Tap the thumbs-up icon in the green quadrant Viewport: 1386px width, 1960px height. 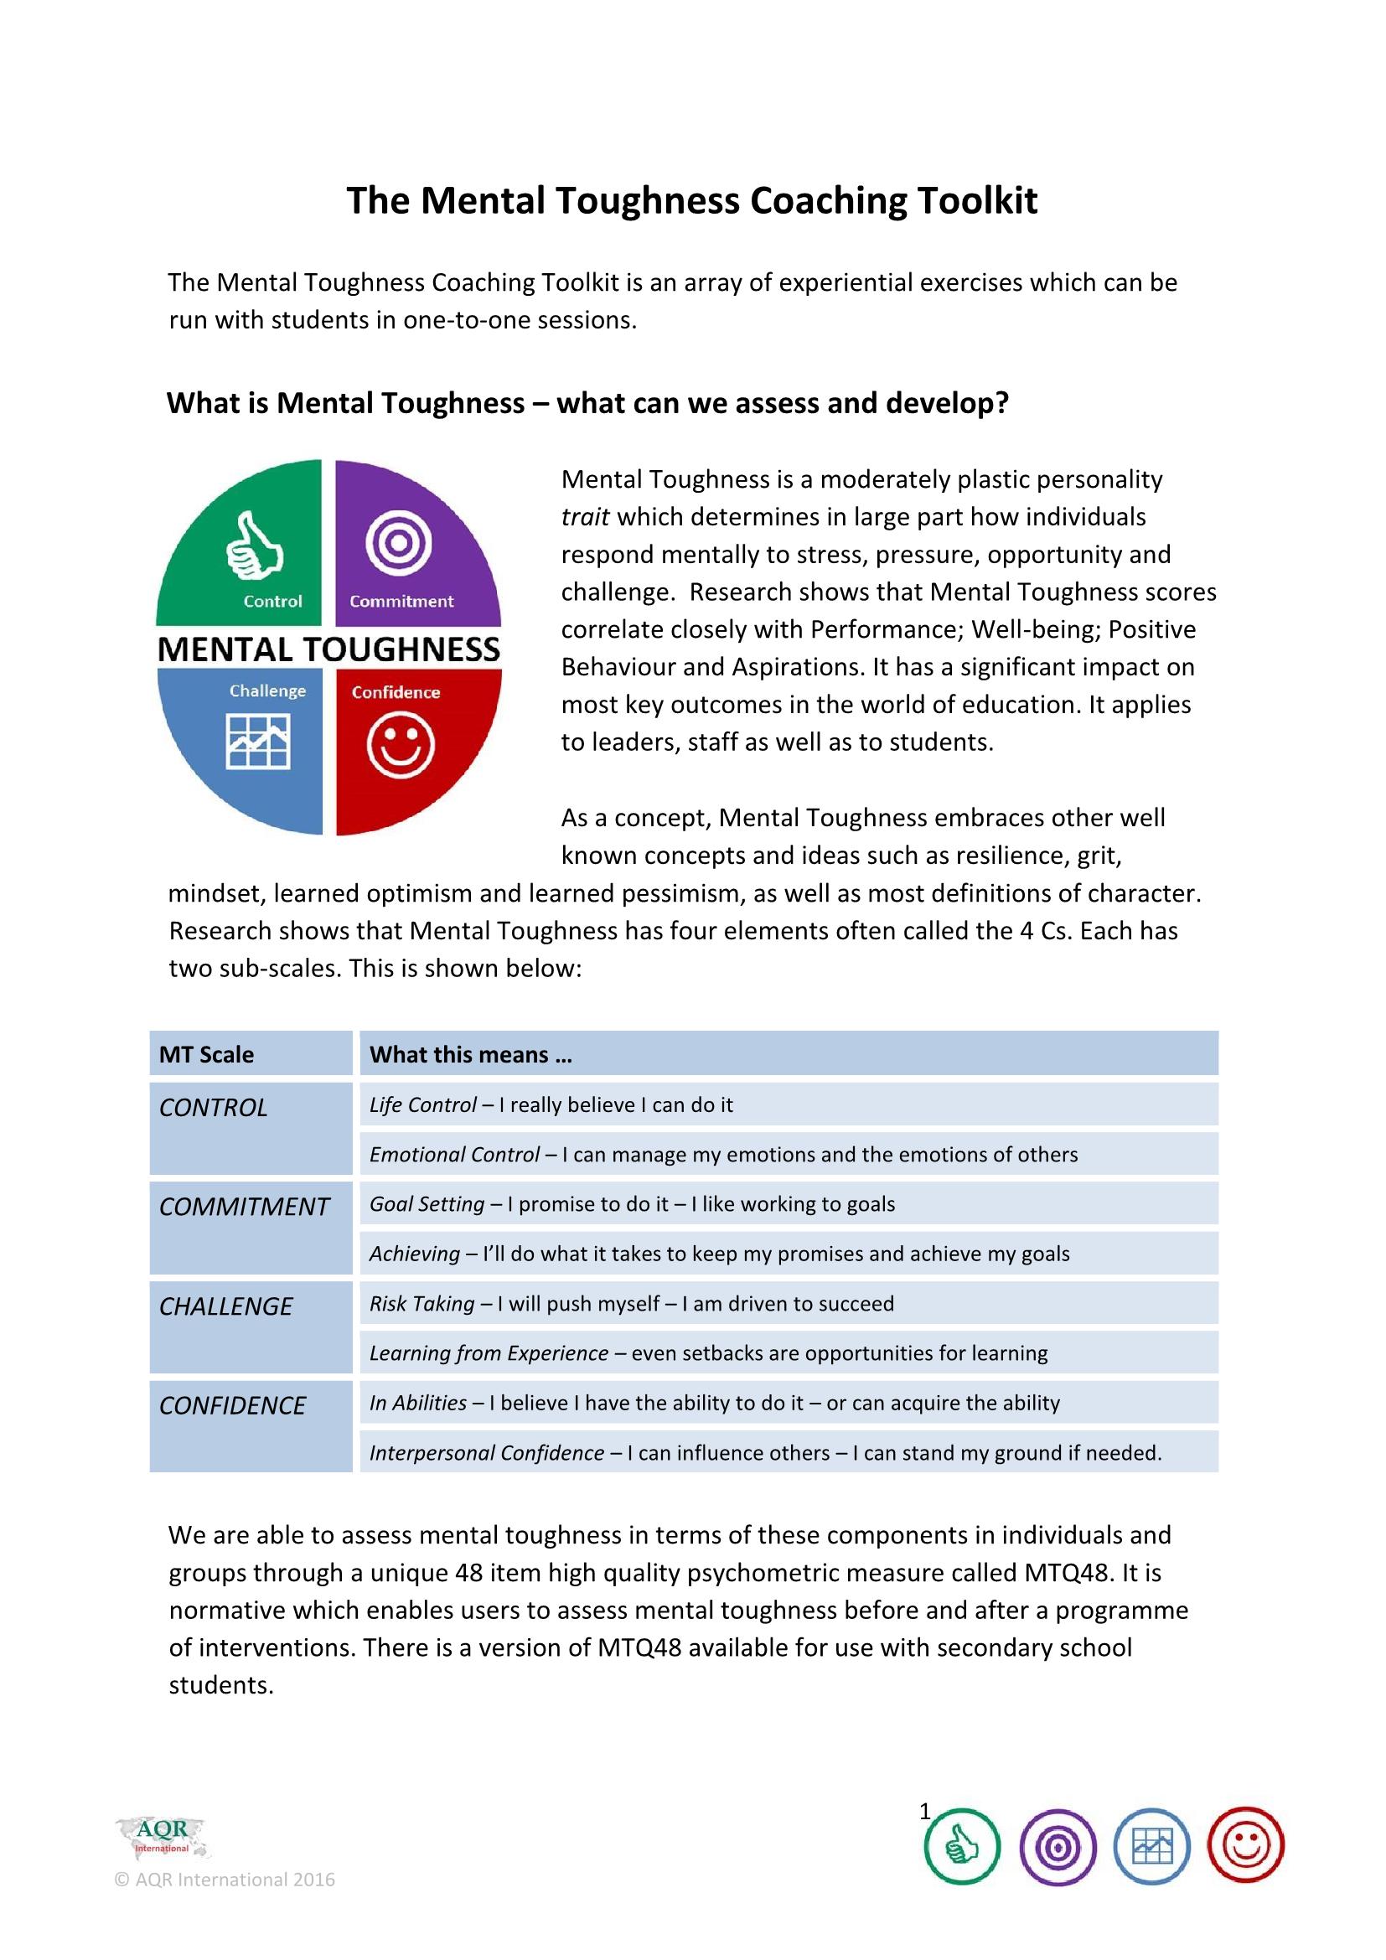(255, 546)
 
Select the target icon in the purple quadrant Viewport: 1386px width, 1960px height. (399, 542)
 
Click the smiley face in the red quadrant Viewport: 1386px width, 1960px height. (401, 745)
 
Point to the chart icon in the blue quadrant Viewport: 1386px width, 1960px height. (258, 741)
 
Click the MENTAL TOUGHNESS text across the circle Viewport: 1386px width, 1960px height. (328, 649)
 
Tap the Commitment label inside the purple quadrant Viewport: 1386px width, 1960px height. (401, 601)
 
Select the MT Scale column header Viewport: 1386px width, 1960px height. (206, 1054)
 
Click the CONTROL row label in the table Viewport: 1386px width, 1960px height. (214, 1107)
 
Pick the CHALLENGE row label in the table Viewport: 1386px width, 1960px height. (226, 1306)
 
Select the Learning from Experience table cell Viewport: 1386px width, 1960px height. (708, 1353)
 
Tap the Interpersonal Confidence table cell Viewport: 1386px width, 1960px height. (765, 1452)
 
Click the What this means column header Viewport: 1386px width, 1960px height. (470, 1054)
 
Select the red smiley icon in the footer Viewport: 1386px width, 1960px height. (1246, 1847)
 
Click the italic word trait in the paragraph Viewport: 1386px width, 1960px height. (585, 517)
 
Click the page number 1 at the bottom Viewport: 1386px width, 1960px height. (925, 1812)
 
